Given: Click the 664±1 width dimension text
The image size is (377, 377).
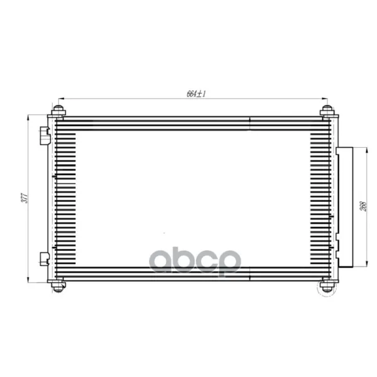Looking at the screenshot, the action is pyautogui.click(x=196, y=94).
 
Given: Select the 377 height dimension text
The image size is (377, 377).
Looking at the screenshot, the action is pyautogui.click(x=25, y=198).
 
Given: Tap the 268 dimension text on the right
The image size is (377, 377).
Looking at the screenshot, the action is pyautogui.click(x=364, y=206).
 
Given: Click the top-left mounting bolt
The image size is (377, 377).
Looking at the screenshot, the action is pyautogui.click(x=58, y=111).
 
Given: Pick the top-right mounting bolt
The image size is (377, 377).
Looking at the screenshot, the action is pyautogui.click(x=327, y=111).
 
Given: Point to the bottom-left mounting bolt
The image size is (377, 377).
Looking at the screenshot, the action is pyautogui.click(x=58, y=286).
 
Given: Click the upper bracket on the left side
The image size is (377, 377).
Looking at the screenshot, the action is pyautogui.click(x=45, y=136).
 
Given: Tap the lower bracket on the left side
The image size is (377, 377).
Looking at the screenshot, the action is pyautogui.click(x=45, y=259).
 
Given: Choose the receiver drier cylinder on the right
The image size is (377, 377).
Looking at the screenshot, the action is pyautogui.click(x=344, y=207).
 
